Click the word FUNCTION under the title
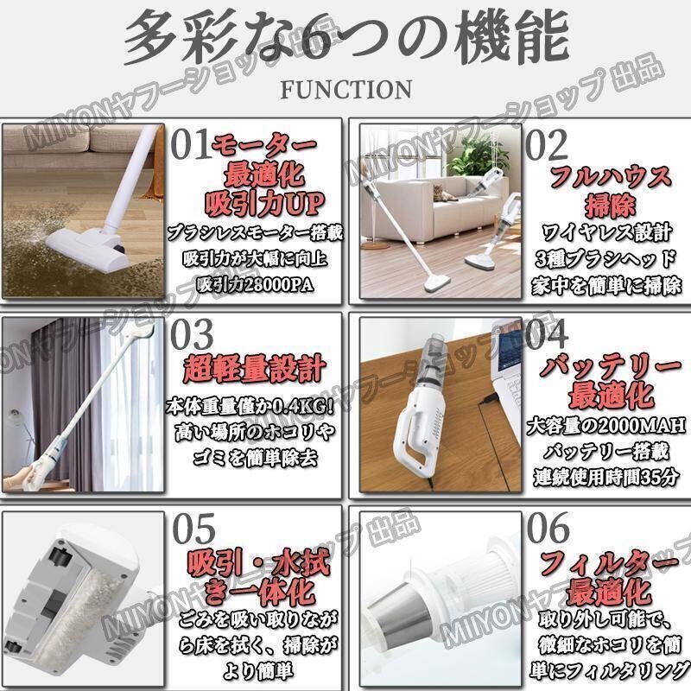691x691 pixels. click(x=346, y=90)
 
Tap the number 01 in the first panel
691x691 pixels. click(x=190, y=144)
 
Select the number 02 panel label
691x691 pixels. click(x=547, y=144)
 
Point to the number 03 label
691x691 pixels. click(x=192, y=335)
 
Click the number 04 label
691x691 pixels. click(x=547, y=334)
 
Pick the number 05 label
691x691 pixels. click(x=193, y=529)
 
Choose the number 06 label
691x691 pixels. click(x=548, y=528)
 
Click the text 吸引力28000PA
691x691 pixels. click(x=255, y=285)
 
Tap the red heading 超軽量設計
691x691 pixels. click(x=255, y=370)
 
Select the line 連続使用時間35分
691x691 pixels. click(x=606, y=477)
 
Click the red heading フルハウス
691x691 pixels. click(x=611, y=177)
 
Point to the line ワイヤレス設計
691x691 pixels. click(x=607, y=232)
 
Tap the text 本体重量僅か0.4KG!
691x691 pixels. click(x=250, y=406)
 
